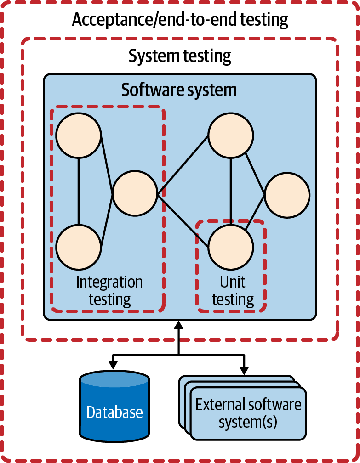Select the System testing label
coord(179,56)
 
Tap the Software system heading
coord(179,90)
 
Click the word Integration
coord(109,282)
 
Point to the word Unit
coord(233,282)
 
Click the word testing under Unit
coord(233,300)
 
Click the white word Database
coord(114,412)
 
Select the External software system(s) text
coord(248,413)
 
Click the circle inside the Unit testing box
coord(231,248)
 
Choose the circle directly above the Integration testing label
coord(79,248)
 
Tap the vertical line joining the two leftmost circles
coord(79,191)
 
